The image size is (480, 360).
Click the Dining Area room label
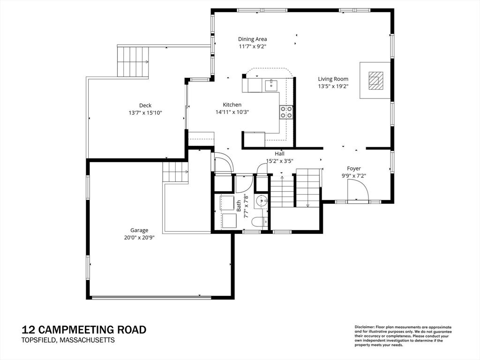coord(253,39)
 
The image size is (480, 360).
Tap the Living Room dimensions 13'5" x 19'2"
coord(333,86)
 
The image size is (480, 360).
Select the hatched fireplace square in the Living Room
coord(375,81)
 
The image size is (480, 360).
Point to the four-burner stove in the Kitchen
coord(286,112)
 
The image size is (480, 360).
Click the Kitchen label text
coord(232,105)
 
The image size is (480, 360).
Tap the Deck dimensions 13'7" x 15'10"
coord(145,113)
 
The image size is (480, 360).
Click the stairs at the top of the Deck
coord(133,62)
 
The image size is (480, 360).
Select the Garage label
coord(139,230)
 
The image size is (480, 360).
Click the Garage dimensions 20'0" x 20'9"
coord(139,238)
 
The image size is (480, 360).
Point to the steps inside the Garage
coord(175,172)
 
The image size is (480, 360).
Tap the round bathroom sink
coord(262,201)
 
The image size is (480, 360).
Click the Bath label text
coord(239,206)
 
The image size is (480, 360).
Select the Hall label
coord(279,154)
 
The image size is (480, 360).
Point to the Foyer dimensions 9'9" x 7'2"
coord(354,176)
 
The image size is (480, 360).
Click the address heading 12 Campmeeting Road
coord(84,330)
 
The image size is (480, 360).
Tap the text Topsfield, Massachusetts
coord(68,340)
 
